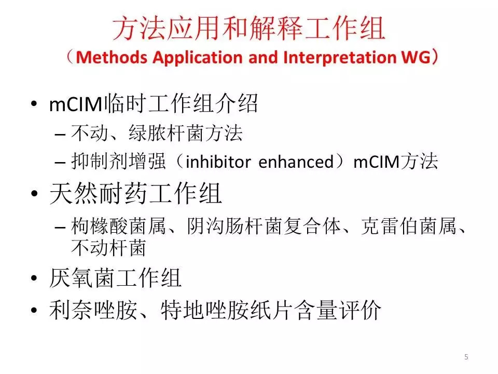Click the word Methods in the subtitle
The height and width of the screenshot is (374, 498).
click(x=112, y=58)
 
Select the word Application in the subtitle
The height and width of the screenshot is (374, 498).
click(x=198, y=58)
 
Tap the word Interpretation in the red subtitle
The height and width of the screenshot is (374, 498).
click(x=339, y=58)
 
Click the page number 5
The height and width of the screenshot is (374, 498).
click(x=466, y=357)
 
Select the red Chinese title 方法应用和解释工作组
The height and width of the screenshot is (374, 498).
click(x=249, y=29)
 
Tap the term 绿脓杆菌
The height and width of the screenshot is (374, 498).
click(x=167, y=132)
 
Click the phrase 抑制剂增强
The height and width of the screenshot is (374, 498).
click(x=118, y=161)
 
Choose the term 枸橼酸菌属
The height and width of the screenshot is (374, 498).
click(x=118, y=226)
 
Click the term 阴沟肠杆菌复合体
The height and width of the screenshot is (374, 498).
click(x=264, y=226)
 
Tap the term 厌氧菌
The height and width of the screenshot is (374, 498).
click(x=81, y=277)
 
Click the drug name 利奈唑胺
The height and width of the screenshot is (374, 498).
click(x=93, y=310)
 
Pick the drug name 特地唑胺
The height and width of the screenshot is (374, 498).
click(x=205, y=310)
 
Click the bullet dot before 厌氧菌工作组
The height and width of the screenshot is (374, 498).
click(x=34, y=278)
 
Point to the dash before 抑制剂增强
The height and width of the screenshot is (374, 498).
click(x=60, y=163)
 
